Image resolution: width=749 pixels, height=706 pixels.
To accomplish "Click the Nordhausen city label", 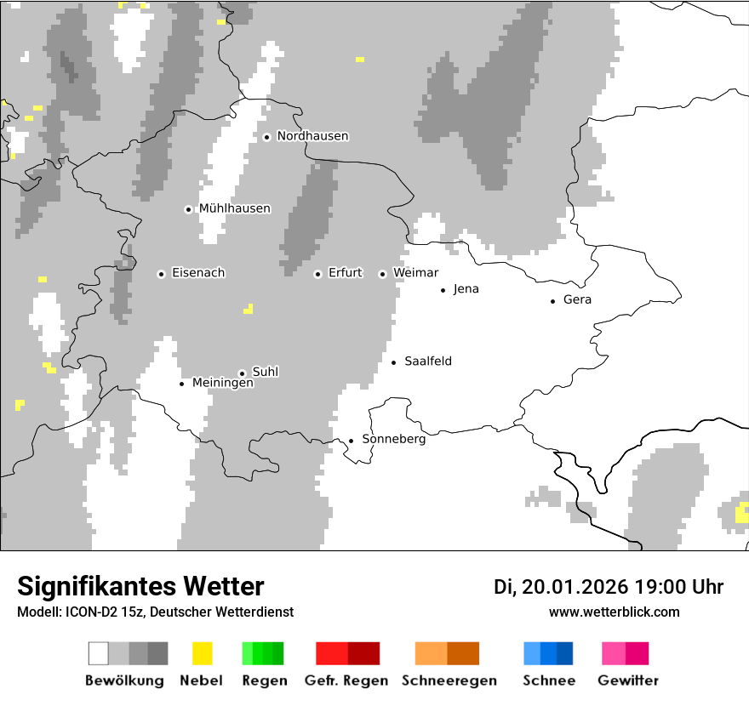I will [x=312, y=136].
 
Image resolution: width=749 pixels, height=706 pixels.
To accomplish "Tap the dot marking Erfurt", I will [x=317, y=274].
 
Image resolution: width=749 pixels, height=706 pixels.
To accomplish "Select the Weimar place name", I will [x=415, y=273].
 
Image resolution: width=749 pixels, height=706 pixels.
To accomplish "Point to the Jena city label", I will [x=466, y=289].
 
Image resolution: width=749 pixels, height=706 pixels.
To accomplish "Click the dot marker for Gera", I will [x=552, y=300].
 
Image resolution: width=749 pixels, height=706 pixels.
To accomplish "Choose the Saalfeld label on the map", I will [x=427, y=362].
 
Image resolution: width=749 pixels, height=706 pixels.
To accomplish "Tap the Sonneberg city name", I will [x=393, y=440].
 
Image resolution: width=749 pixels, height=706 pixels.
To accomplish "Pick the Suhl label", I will [x=265, y=372].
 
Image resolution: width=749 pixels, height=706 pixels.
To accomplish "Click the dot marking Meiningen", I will [x=181, y=384].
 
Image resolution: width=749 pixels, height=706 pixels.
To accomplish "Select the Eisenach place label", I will [x=197, y=273].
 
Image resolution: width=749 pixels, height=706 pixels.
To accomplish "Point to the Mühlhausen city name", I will [x=234, y=208].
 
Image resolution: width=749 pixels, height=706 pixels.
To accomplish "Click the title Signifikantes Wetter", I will [x=140, y=586].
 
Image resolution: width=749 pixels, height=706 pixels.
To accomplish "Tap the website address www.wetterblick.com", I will [x=614, y=612].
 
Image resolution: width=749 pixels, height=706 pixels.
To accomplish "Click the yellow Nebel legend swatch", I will [x=202, y=653].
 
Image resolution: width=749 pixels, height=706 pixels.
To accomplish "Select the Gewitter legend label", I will [x=627, y=680].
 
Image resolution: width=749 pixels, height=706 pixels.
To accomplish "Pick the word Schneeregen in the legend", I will [x=449, y=680].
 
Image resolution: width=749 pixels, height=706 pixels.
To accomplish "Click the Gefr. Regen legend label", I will [x=346, y=680].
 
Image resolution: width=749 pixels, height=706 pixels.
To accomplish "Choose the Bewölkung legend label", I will [x=124, y=680].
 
